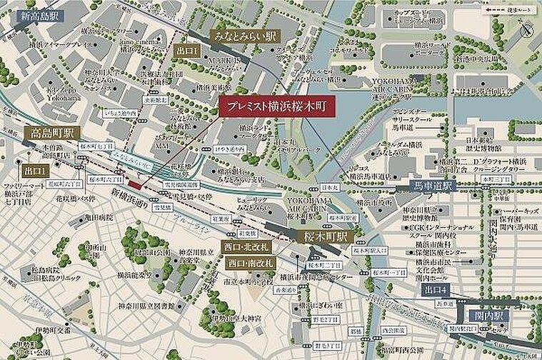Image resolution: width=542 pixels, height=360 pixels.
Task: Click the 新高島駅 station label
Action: point(41,15)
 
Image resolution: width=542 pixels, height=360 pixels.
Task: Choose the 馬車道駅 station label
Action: point(435,186)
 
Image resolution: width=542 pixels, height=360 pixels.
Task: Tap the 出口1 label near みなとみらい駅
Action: point(189,51)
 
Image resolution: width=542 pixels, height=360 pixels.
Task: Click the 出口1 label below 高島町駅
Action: point(36,171)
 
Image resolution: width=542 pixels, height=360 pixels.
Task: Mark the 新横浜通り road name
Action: point(131,194)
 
